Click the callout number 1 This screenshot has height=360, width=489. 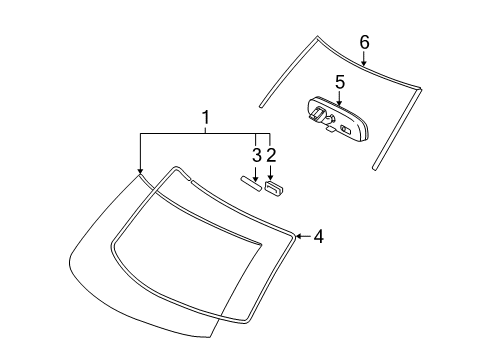pos(206,117)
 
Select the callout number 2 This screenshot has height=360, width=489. pos(271,155)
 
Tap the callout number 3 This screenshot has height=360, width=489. pos(257,155)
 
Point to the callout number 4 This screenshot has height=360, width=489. pos(319,237)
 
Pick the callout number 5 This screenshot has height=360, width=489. pos(340,82)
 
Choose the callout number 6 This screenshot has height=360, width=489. pos(365,43)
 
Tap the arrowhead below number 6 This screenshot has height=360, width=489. pos(364,62)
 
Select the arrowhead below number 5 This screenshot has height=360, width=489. pos(339,103)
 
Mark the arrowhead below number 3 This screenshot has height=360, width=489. pos(256,179)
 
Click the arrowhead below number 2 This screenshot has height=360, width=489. pos(270,178)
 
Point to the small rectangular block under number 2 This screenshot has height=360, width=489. pos(273,188)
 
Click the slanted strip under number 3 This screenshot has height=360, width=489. pos(251,184)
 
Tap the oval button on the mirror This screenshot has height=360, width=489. pos(346,129)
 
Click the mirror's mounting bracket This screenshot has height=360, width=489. pos(316,113)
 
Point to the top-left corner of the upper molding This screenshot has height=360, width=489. pos(317,36)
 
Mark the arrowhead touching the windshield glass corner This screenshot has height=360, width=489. pos(140,171)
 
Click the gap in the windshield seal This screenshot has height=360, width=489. pos(189,179)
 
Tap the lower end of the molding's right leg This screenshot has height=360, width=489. pos(375,168)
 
